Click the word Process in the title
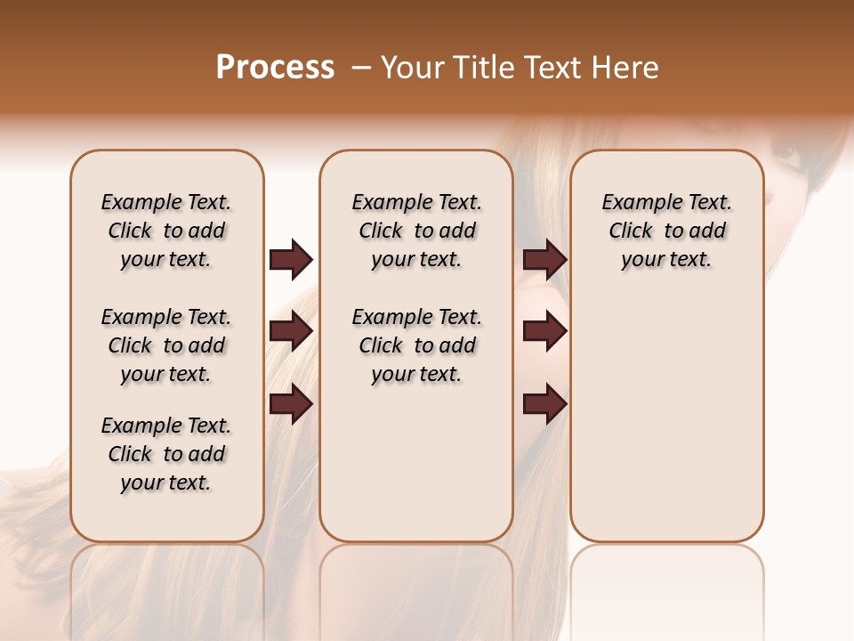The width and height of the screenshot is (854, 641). (x=275, y=68)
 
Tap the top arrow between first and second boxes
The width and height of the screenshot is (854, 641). (x=291, y=260)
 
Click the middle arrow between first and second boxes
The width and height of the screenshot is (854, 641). (x=291, y=332)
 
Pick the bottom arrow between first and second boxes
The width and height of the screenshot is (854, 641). (x=291, y=404)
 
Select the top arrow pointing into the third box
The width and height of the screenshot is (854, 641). (x=545, y=260)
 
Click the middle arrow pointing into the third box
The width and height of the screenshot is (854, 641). (x=545, y=332)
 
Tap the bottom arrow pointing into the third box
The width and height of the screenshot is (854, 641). (x=545, y=404)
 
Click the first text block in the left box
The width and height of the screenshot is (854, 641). (x=166, y=231)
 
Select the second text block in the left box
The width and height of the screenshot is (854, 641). (x=166, y=345)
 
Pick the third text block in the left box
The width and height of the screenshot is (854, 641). (x=166, y=454)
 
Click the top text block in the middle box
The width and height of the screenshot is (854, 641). (x=416, y=231)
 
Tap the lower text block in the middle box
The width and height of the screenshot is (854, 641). (x=416, y=345)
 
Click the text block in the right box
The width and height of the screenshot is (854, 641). (x=667, y=231)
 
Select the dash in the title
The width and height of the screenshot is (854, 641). (x=361, y=68)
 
